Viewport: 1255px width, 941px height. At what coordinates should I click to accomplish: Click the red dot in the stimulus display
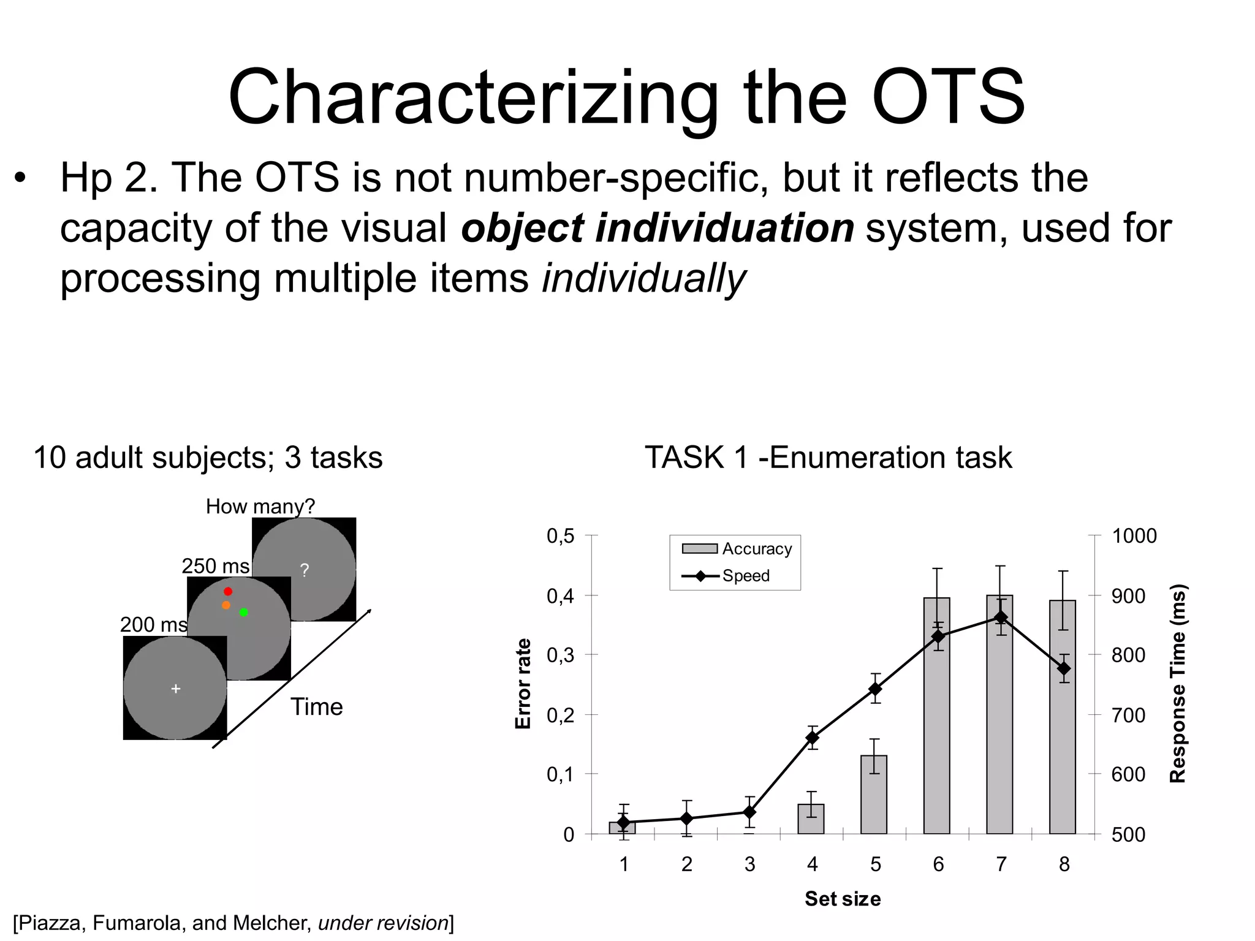(x=228, y=591)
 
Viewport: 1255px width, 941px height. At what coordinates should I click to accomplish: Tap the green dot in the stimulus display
(x=244, y=612)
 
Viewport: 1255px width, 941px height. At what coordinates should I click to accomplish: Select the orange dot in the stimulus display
(x=226, y=605)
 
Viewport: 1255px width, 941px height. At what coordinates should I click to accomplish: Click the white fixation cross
(x=176, y=689)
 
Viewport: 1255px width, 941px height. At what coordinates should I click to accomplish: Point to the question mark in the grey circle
(x=305, y=570)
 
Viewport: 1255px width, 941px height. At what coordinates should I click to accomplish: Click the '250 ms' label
(x=216, y=565)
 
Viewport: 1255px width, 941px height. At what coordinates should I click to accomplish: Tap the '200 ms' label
(x=153, y=624)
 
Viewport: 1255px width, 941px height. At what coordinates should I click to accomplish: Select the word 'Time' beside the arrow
(x=316, y=706)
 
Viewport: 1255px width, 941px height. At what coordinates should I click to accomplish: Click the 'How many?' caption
(x=260, y=506)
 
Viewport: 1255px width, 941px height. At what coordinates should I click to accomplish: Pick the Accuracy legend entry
(x=738, y=548)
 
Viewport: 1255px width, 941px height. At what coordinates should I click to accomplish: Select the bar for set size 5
(x=874, y=796)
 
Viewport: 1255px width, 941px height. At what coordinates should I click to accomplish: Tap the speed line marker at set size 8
(x=1064, y=668)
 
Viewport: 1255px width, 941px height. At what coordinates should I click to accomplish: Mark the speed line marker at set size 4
(x=813, y=738)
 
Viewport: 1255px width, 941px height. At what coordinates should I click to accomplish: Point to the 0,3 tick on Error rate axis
(x=560, y=655)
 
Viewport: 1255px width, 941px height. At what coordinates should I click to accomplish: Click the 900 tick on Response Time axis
(x=1128, y=595)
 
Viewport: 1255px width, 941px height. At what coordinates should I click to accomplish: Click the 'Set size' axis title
(x=843, y=898)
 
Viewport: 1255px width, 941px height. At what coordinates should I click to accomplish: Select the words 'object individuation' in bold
(x=657, y=228)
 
